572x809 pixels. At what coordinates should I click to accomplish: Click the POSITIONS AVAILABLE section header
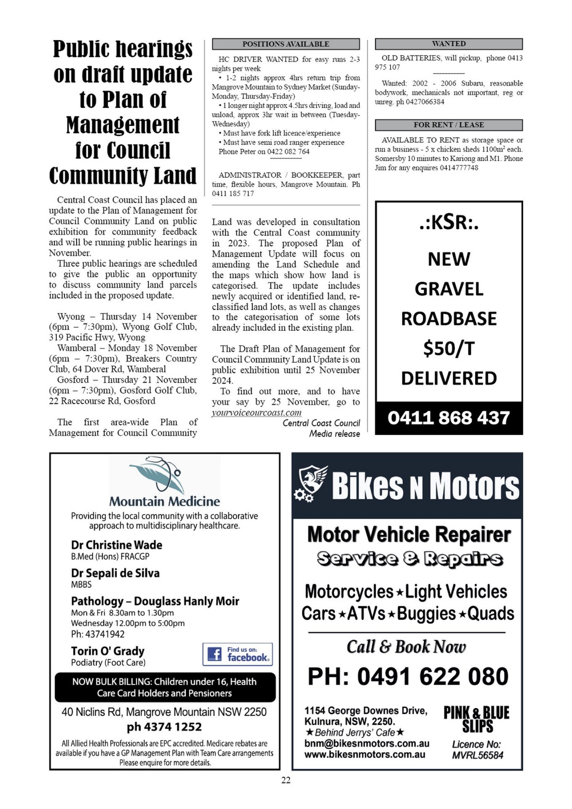[x=286, y=44]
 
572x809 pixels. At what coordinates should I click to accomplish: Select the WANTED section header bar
[x=449, y=43]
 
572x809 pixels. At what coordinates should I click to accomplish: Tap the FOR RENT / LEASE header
[x=449, y=125]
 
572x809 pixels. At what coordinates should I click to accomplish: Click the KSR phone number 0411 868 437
[x=449, y=418]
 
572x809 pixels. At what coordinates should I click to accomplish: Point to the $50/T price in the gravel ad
[x=449, y=348]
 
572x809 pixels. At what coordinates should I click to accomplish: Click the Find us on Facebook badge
[x=238, y=654]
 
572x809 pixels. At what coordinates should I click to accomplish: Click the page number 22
[x=286, y=780]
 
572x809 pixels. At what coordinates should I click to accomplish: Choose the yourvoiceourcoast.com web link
[x=257, y=413]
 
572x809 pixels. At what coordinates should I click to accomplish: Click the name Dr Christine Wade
[x=117, y=545]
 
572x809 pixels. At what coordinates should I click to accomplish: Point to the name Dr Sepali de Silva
[x=115, y=573]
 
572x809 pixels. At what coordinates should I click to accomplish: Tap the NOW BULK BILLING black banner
[x=165, y=687]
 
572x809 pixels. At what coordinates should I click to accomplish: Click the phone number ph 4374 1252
[x=164, y=727]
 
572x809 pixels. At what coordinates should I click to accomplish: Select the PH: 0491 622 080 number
[x=408, y=677]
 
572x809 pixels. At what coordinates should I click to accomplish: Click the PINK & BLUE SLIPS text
[x=476, y=719]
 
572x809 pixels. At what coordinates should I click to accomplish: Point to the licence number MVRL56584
[x=477, y=755]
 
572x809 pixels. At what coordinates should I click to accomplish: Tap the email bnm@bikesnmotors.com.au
[x=367, y=743]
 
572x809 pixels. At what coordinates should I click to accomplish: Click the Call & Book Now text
[x=406, y=647]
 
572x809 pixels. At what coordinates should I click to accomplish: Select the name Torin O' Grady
[x=108, y=651]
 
